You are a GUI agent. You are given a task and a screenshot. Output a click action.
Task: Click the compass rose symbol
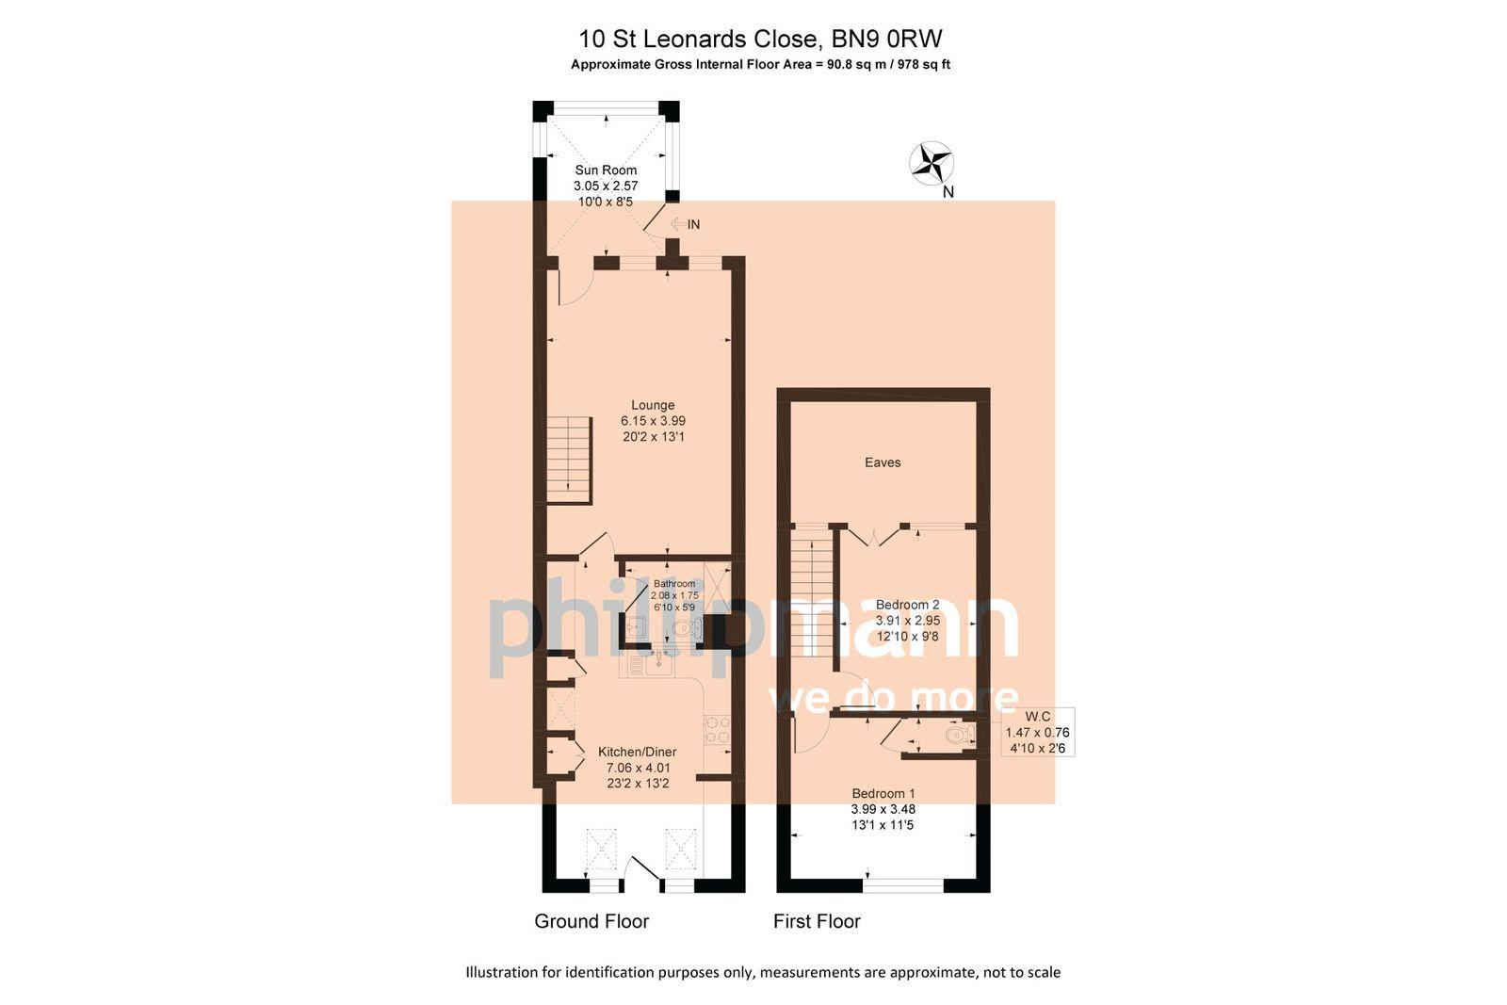pyautogui.click(x=932, y=163)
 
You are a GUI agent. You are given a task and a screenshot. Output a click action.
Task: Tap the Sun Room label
pyautogui.click(x=606, y=170)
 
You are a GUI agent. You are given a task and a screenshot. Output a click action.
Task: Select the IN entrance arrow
pyautogui.click(x=685, y=224)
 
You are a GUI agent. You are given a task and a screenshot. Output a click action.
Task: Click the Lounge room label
pyautogui.click(x=653, y=405)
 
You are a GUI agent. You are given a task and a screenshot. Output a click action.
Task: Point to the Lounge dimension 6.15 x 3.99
pyautogui.click(x=653, y=421)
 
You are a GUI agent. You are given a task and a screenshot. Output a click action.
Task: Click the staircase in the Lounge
pyautogui.click(x=568, y=461)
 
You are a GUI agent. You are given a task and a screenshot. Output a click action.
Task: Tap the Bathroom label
pyautogui.click(x=674, y=584)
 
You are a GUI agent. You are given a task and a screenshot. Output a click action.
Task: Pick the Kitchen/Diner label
pyautogui.click(x=638, y=752)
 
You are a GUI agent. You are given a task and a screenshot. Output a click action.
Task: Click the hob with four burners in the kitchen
pyautogui.click(x=717, y=730)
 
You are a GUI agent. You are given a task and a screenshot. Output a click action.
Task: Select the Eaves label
pyautogui.click(x=883, y=462)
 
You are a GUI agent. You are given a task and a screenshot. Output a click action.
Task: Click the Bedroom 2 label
pyautogui.click(x=908, y=605)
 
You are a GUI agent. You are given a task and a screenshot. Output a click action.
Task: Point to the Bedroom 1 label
pyautogui.click(x=883, y=793)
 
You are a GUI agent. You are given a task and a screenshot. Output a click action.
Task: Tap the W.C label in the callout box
pyautogui.click(x=1038, y=717)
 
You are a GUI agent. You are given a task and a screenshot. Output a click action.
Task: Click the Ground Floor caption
pyautogui.click(x=591, y=921)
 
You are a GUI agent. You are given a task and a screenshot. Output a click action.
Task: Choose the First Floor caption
pyautogui.click(x=817, y=921)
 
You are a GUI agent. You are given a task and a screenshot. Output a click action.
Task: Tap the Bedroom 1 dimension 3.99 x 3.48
pyautogui.click(x=883, y=809)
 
